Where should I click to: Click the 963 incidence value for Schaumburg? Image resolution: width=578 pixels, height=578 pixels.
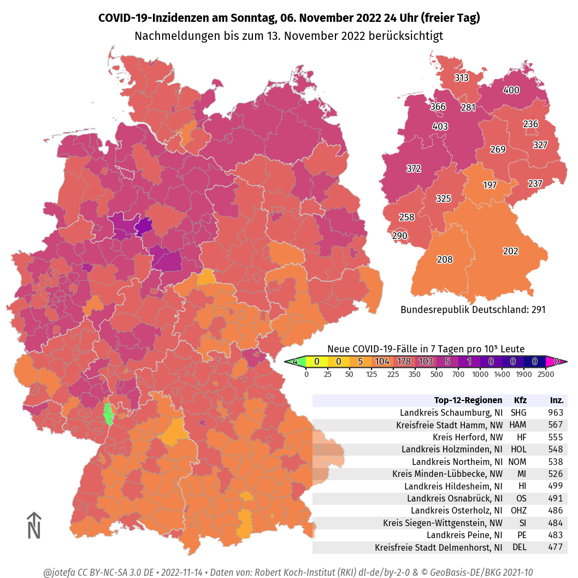pos(556,412)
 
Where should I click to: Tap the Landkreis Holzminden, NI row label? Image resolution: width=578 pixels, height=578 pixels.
pos(452,449)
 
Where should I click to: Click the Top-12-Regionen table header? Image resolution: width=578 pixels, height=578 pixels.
pos(468,400)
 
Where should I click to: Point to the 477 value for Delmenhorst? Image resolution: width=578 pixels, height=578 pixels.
pos(556,547)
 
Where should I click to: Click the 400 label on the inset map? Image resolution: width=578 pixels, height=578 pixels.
pos(511,90)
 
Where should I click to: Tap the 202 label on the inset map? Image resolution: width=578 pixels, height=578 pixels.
pos(510,251)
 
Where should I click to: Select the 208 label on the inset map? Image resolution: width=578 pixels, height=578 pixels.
pos(445,259)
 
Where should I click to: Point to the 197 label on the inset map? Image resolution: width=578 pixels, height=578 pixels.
pos(490,185)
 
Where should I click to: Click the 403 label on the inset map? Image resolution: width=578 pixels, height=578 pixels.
pos(440,127)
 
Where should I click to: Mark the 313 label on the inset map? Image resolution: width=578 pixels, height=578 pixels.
pos(462,78)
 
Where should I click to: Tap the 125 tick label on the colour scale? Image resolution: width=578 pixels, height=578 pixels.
pos(371,374)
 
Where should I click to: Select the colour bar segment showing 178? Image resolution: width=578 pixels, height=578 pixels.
pos(404,362)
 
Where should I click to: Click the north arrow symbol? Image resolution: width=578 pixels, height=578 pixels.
pos(34,525)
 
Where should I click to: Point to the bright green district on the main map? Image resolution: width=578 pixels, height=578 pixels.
pos(108,414)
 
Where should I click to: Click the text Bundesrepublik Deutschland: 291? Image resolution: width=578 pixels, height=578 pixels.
pos(473,310)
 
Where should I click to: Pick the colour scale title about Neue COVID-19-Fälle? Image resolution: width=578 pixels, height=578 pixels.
pos(426,349)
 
